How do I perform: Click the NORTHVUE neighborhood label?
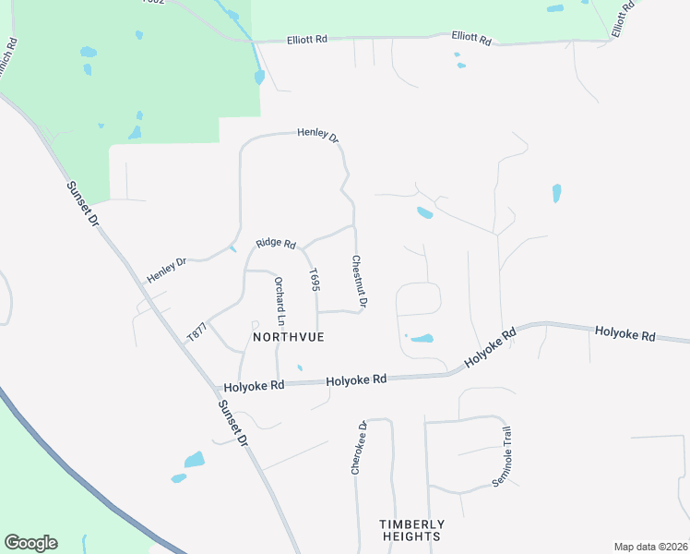[x=289, y=337]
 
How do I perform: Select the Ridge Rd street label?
[x=276, y=244]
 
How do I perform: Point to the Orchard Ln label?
[x=280, y=301]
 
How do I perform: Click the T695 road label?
[x=315, y=281]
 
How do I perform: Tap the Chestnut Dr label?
[x=361, y=282]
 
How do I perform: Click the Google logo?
[x=30, y=543]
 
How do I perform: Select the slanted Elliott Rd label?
[x=625, y=18]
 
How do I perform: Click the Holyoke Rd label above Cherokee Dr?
[x=355, y=379]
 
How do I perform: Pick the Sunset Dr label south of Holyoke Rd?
[x=232, y=424]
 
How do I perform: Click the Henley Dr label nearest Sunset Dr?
[x=166, y=268]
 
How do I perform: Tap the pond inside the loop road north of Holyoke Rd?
[x=421, y=339]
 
